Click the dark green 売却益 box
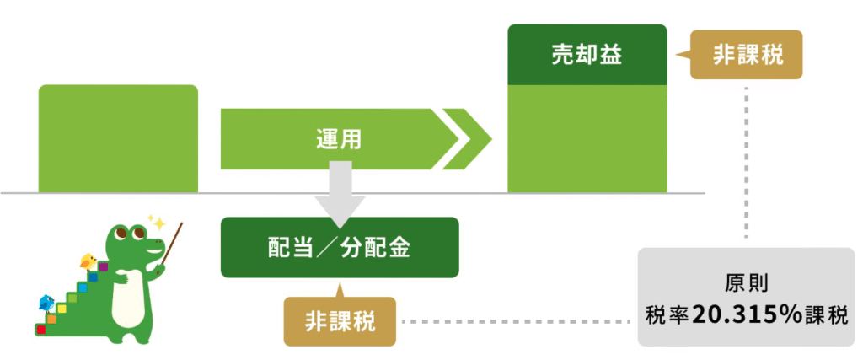tap(587, 55)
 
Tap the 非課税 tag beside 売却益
tap(747, 55)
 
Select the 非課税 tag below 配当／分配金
tap(340, 321)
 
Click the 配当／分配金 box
tap(340, 247)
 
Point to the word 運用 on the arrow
tap(339, 139)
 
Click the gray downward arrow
tap(340, 193)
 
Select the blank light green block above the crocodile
tap(118, 139)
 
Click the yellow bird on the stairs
tap(88, 261)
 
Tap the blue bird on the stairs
tap(46, 302)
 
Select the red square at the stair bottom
tap(40, 329)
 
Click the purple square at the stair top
tap(103, 267)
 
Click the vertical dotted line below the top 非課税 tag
tap(747, 163)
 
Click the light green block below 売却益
tap(587, 139)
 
